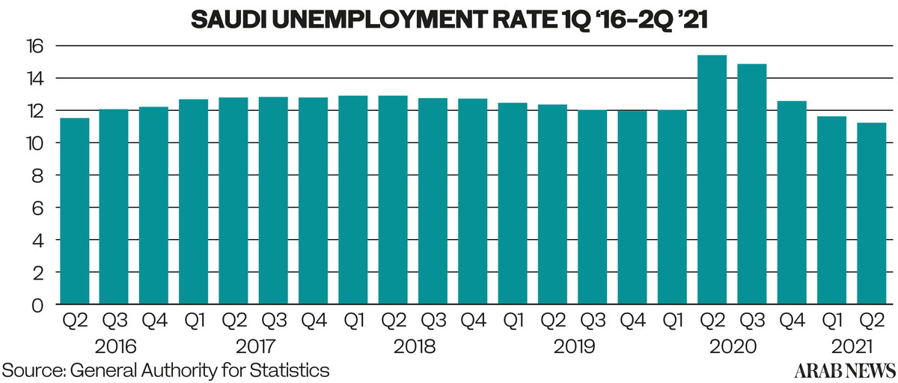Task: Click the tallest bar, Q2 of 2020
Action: click(x=712, y=180)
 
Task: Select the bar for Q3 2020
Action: click(x=751, y=184)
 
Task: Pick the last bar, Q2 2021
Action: click(x=871, y=214)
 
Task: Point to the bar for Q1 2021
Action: click(x=831, y=210)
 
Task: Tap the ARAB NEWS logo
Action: click(x=845, y=370)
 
